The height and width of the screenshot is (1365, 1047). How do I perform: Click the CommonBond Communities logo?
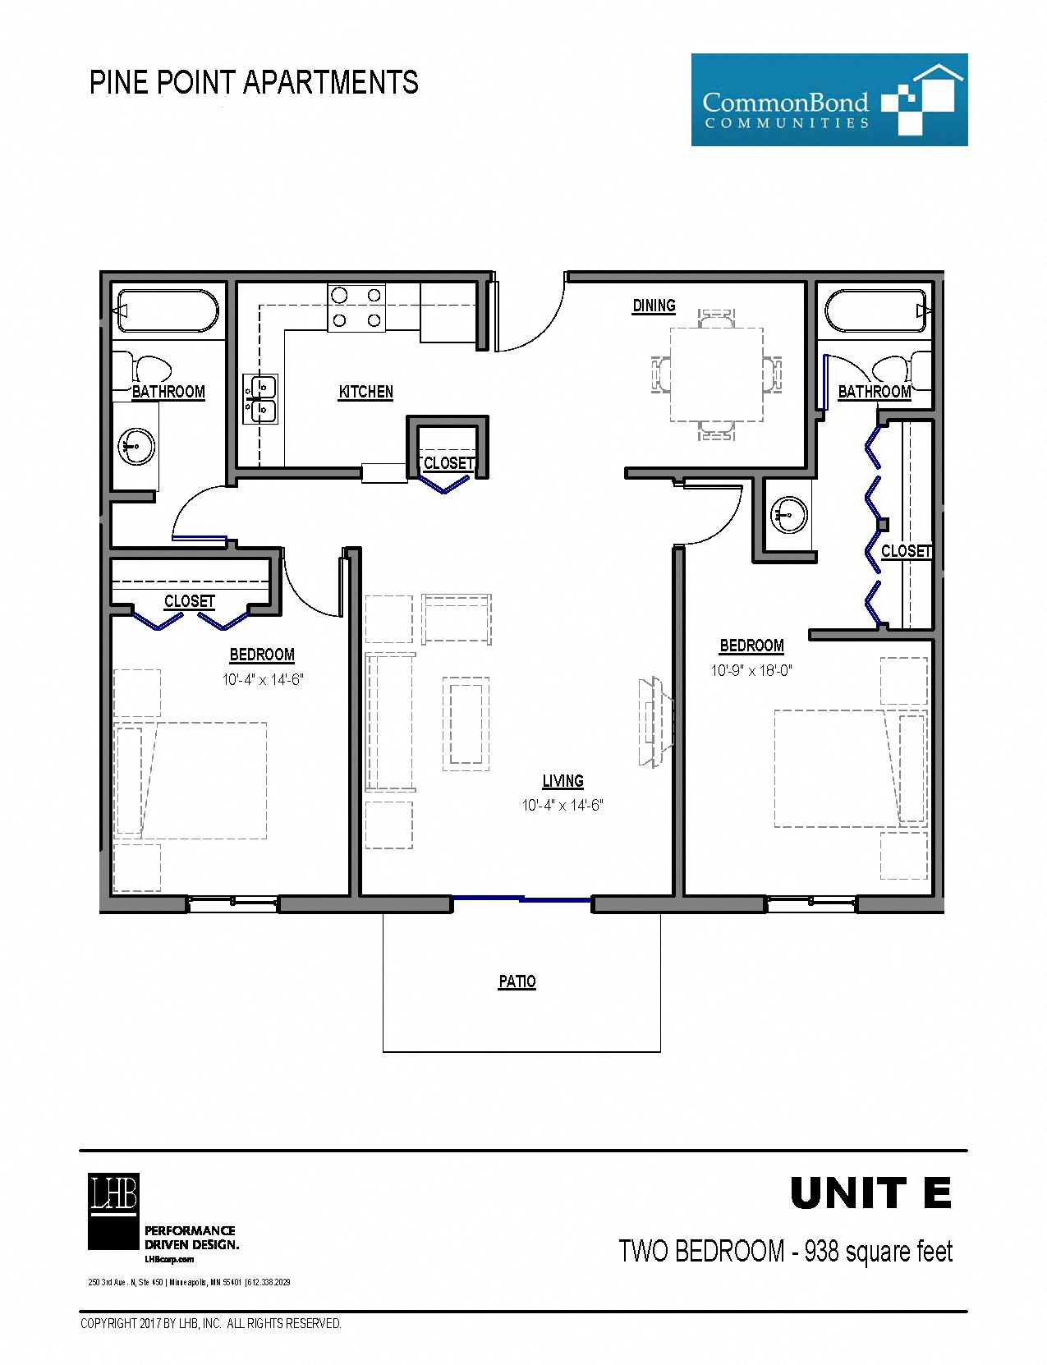click(x=829, y=100)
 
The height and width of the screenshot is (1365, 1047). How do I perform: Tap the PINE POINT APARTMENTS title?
click(x=254, y=83)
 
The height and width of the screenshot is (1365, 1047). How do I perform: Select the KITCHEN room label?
click(x=365, y=392)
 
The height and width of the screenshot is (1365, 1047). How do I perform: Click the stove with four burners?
click(x=356, y=308)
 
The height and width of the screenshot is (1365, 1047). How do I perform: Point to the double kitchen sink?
click(x=260, y=398)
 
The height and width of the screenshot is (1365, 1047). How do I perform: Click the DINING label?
click(x=654, y=306)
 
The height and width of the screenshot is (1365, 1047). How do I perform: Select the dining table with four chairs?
click(x=716, y=375)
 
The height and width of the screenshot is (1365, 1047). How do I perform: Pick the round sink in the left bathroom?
click(x=137, y=447)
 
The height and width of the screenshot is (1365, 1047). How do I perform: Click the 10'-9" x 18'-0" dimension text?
click(x=751, y=670)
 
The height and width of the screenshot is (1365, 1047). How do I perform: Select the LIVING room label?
click(x=563, y=781)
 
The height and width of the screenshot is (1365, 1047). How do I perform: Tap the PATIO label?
click(x=517, y=981)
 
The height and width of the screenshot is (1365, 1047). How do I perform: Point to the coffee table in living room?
click(x=466, y=723)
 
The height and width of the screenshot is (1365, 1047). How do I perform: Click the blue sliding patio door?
click(x=521, y=899)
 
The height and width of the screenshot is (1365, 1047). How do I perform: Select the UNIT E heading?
click(x=870, y=1193)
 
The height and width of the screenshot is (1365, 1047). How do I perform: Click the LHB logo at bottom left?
click(x=113, y=1211)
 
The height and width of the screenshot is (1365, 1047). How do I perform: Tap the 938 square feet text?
click(x=878, y=1251)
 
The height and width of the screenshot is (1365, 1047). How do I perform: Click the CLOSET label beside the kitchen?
click(x=448, y=463)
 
